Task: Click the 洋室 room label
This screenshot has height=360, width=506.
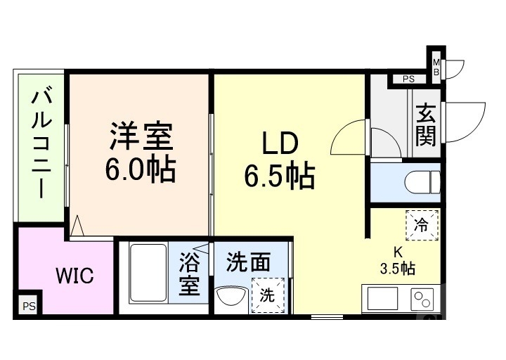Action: [x=141, y=136]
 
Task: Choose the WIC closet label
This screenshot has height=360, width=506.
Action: [x=74, y=276]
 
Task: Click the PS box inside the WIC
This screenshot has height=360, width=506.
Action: [x=28, y=306]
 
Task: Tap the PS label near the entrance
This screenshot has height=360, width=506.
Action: [x=408, y=79]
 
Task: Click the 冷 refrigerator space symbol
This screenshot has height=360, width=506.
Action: [x=421, y=226]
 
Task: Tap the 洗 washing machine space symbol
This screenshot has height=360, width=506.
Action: [x=268, y=296]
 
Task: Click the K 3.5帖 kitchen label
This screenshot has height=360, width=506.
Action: [x=397, y=259]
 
